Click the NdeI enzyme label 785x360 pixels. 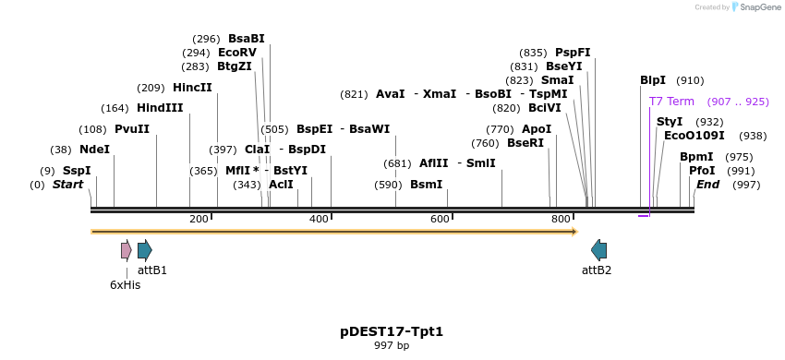(x=94, y=149)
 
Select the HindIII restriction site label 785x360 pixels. (x=160, y=108)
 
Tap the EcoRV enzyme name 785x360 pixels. (x=237, y=53)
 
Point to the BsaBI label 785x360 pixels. (x=247, y=39)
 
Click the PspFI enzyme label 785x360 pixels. (x=573, y=53)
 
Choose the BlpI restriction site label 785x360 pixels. (x=653, y=80)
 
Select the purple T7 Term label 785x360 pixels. (x=671, y=102)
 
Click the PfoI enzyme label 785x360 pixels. (x=702, y=171)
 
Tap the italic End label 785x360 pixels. (x=707, y=185)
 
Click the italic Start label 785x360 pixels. (x=67, y=185)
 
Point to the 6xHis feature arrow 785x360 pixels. (x=126, y=250)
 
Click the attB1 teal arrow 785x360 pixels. (x=144, y=250)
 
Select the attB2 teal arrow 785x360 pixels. (x=599, y=250)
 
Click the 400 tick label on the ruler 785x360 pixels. (x=319, y=219)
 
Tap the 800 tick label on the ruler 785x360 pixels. (x=561, y=219)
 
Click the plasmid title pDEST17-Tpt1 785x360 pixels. (x=392, y=330)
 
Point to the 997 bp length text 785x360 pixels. (x=392, y=345)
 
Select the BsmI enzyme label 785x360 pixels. (x=427, y=185)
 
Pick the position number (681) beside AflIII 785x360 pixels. (x=397, y=163)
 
